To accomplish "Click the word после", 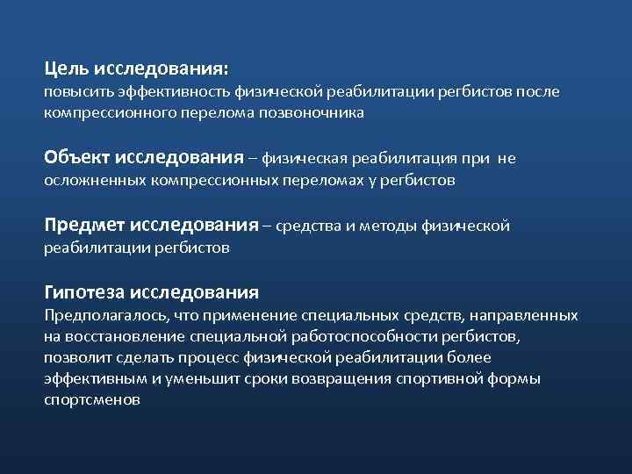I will tap(537, 91).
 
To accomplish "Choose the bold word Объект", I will tap(76, 157).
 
